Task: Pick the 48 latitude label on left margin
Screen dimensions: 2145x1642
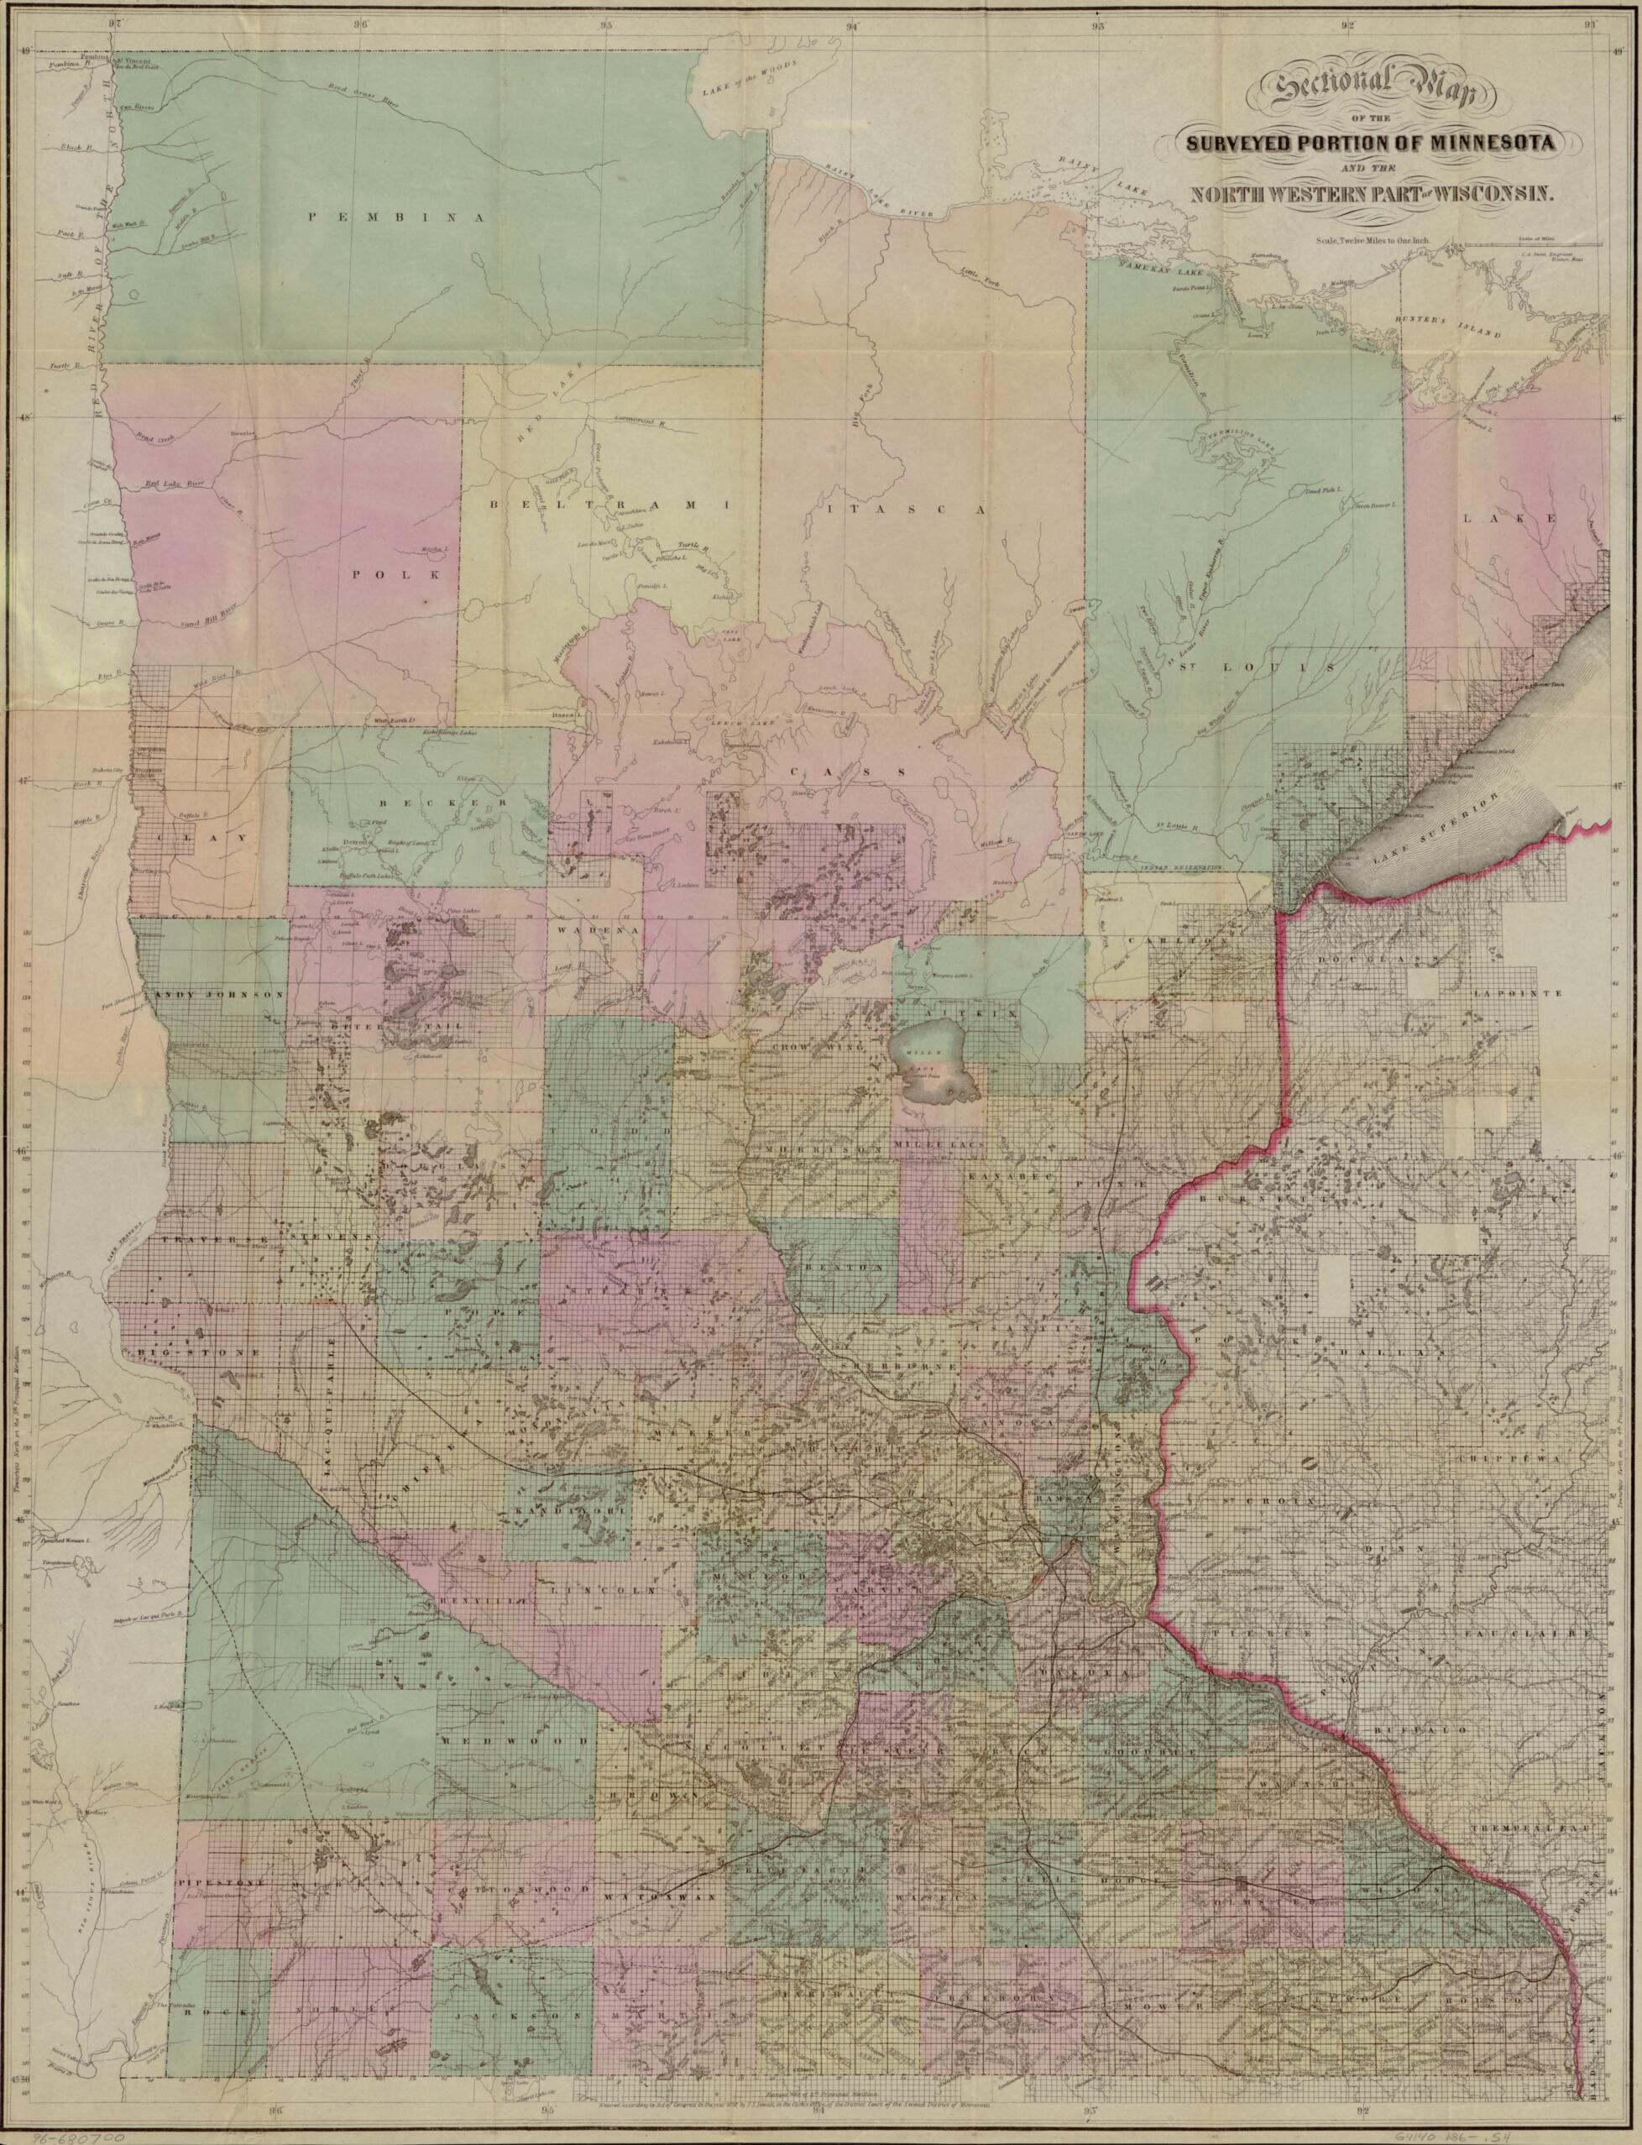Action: pos(29,417)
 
